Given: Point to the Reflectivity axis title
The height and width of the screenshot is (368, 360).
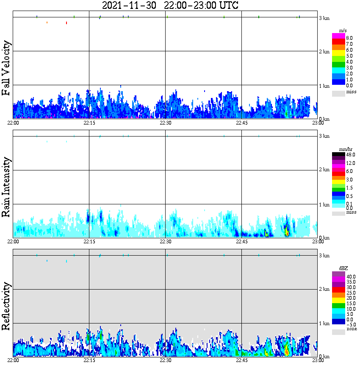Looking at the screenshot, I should coord(6,306).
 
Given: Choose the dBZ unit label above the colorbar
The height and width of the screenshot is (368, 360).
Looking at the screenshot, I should coord(343,268).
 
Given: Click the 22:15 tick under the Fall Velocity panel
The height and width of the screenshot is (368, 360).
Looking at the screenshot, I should coord(89,123).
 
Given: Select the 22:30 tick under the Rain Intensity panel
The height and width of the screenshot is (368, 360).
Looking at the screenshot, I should coord(165,241).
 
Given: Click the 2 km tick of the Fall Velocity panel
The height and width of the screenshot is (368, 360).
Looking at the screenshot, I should coord(324,52).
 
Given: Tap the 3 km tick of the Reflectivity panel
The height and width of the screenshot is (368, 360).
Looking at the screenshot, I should coord(324,256).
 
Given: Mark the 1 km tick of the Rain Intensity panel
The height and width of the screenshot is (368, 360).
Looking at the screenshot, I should coord(324,205).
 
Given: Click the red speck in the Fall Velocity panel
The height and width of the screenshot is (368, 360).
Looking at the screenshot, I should coord(66,23).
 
